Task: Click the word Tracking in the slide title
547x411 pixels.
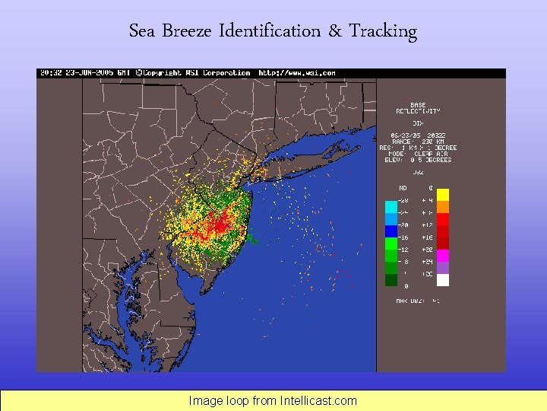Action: coord(383,31)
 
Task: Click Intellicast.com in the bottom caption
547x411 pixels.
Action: coord(318,400)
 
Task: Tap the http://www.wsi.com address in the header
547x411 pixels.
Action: coord(297,73)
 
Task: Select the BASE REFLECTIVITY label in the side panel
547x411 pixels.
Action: coord(418,108)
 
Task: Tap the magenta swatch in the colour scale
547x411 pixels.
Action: coord(443,255)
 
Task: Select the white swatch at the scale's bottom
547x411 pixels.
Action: coord(443,280)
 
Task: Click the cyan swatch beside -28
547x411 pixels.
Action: coord(391,206)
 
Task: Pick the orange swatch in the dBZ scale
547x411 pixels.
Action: coord(443,206)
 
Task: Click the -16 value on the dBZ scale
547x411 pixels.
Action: coord(403,237)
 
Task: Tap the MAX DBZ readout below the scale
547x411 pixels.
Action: coord(418,301)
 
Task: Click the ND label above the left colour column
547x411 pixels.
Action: coord(403,188)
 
